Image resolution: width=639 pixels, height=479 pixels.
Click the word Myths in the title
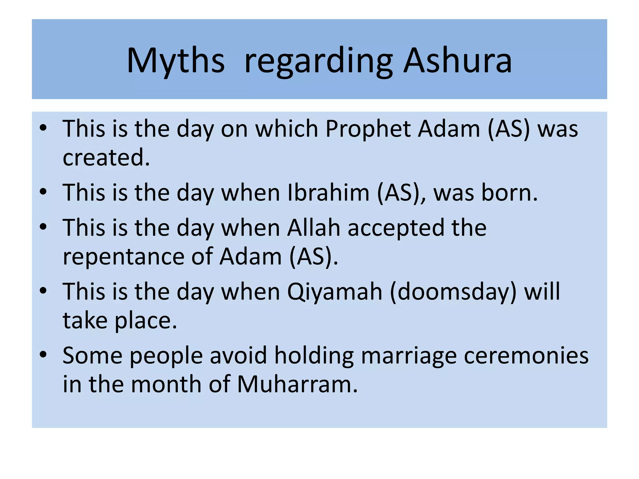(175, 61)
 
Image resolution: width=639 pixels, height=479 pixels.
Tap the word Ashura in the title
(457, 61)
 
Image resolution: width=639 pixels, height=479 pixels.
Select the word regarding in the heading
(318, 62)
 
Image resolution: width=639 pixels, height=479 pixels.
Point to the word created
(106, 157)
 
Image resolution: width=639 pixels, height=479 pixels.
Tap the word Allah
(313, 228)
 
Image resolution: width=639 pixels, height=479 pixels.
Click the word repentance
(123, 257)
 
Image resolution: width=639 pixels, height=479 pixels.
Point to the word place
(146, 321)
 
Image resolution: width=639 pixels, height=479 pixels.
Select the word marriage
(409, 356)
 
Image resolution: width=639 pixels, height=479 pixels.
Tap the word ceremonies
(526, 356)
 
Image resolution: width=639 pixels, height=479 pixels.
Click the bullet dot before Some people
(43, 354)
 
